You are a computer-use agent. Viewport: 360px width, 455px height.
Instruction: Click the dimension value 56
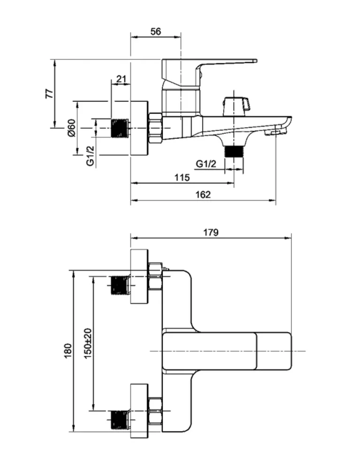(x=156, y=31)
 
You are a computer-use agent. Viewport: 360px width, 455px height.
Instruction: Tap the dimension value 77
(x=50, y=93)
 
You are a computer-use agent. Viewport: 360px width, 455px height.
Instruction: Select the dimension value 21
(x=122, y=79)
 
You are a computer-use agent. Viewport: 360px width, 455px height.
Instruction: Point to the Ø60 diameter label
(x=71, y=128)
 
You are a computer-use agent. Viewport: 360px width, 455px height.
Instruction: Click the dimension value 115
(x=182, y=177)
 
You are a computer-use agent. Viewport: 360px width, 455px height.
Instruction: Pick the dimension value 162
(x=203, y=194)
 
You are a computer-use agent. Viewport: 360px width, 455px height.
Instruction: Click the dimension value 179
(x=211, y=233)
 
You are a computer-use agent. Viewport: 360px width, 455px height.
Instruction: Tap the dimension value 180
(x=68, y=351)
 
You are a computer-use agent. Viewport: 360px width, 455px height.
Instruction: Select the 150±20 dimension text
(x=88, y=343)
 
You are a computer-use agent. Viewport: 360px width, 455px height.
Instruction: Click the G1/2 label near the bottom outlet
(x=206, y=164)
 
